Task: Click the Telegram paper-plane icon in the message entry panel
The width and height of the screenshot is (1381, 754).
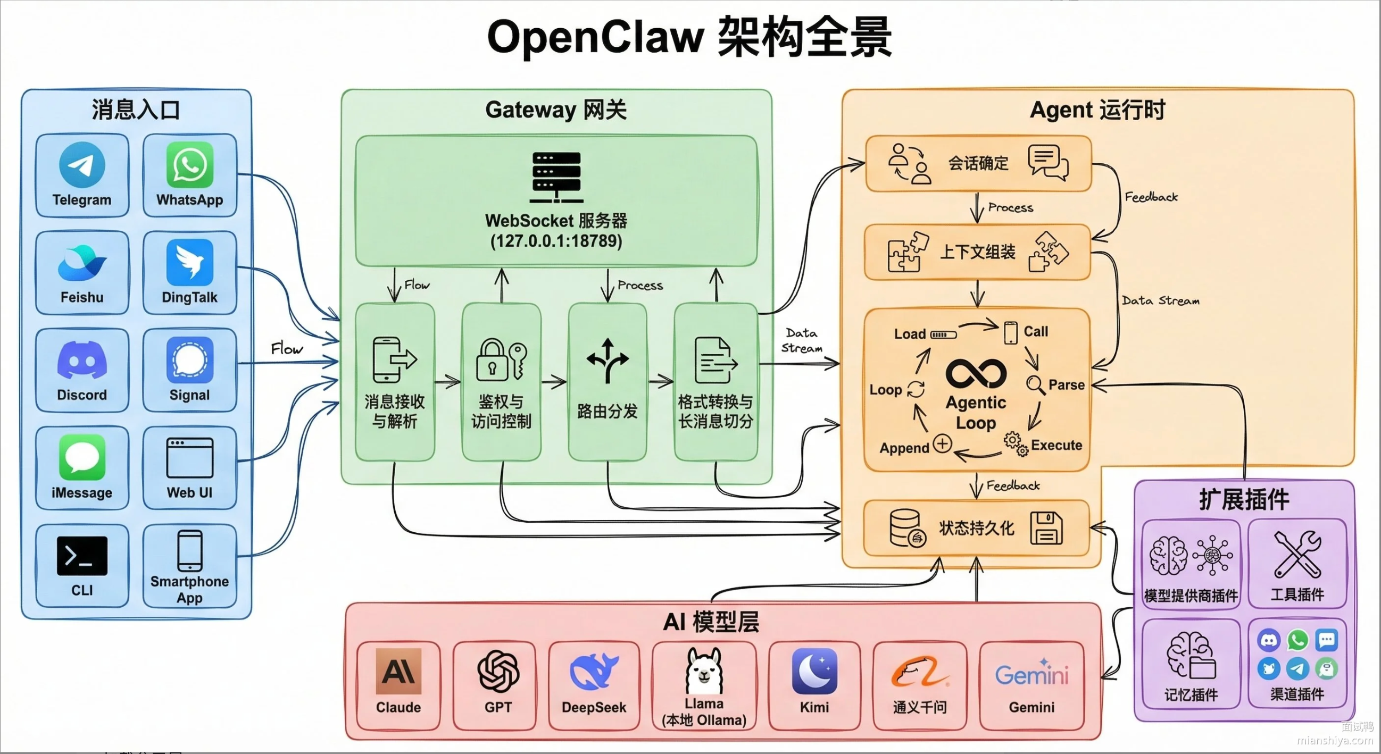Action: (82, 164)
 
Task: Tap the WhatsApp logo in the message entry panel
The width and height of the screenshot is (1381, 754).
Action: (190, 164)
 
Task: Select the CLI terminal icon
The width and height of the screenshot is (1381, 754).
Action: (82, 556)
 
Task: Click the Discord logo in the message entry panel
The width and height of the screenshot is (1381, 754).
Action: (82, 359)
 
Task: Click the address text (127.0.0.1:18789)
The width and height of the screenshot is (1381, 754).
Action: (556, 241)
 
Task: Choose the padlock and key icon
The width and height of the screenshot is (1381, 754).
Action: (501, 359)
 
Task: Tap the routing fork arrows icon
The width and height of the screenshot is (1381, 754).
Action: (608, 360)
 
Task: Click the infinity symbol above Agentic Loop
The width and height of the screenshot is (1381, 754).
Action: (976, 373)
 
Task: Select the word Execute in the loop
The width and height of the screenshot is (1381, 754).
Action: (1056, 445)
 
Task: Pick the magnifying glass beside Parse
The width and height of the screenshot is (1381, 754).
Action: (1035, 385)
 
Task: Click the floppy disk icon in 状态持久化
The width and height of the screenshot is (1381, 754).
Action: (1046, 529)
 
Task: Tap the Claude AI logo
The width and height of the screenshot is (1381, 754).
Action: (398, 671)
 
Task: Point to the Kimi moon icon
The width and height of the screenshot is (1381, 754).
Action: (814, 671)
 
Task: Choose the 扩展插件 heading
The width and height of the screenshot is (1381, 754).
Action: (1244, 499)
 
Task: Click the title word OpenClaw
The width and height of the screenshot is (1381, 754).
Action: (595, 38)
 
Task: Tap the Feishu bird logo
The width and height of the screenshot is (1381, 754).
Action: (82, 263)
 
